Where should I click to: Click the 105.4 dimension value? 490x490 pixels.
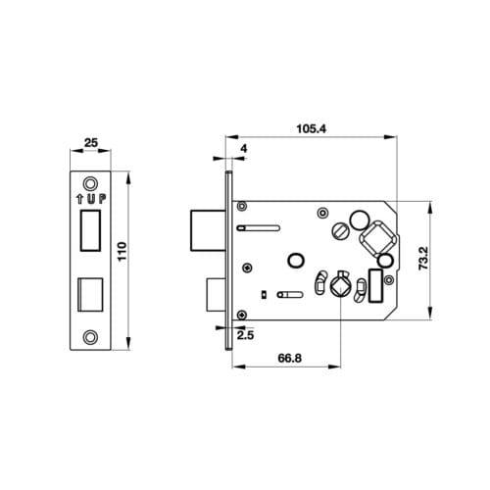point(311,128)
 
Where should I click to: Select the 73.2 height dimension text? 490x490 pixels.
point(423,258)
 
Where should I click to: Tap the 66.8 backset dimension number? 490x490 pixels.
point(289,358)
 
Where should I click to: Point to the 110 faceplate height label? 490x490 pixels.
point(122,251)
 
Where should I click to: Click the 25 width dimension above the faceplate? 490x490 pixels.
point(91,143)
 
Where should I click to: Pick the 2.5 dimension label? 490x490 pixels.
point(245,335)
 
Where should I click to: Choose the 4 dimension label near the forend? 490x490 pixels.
point(244,149)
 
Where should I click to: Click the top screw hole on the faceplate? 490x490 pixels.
point(90,184)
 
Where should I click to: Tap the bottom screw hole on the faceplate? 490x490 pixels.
point(90,337)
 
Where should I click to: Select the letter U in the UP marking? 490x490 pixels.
point(92,199)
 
